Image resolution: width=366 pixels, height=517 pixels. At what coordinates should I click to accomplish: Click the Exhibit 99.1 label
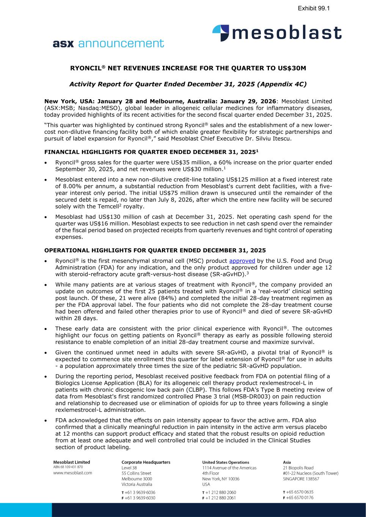(313, 8)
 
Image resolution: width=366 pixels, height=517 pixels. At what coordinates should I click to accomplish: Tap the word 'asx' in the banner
(64, 44)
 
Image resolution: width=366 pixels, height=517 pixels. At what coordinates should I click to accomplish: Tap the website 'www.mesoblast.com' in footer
(72, 473)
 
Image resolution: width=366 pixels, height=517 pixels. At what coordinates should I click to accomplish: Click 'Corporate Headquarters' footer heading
(146, 462)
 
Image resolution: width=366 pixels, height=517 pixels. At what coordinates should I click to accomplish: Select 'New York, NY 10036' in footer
(221, 479)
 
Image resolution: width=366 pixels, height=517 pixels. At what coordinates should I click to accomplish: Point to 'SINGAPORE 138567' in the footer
(301, 479)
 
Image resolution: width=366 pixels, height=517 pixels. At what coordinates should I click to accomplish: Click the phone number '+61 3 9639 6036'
(140, 492)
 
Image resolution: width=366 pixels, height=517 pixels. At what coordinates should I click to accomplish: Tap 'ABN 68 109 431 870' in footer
(68, 467)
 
